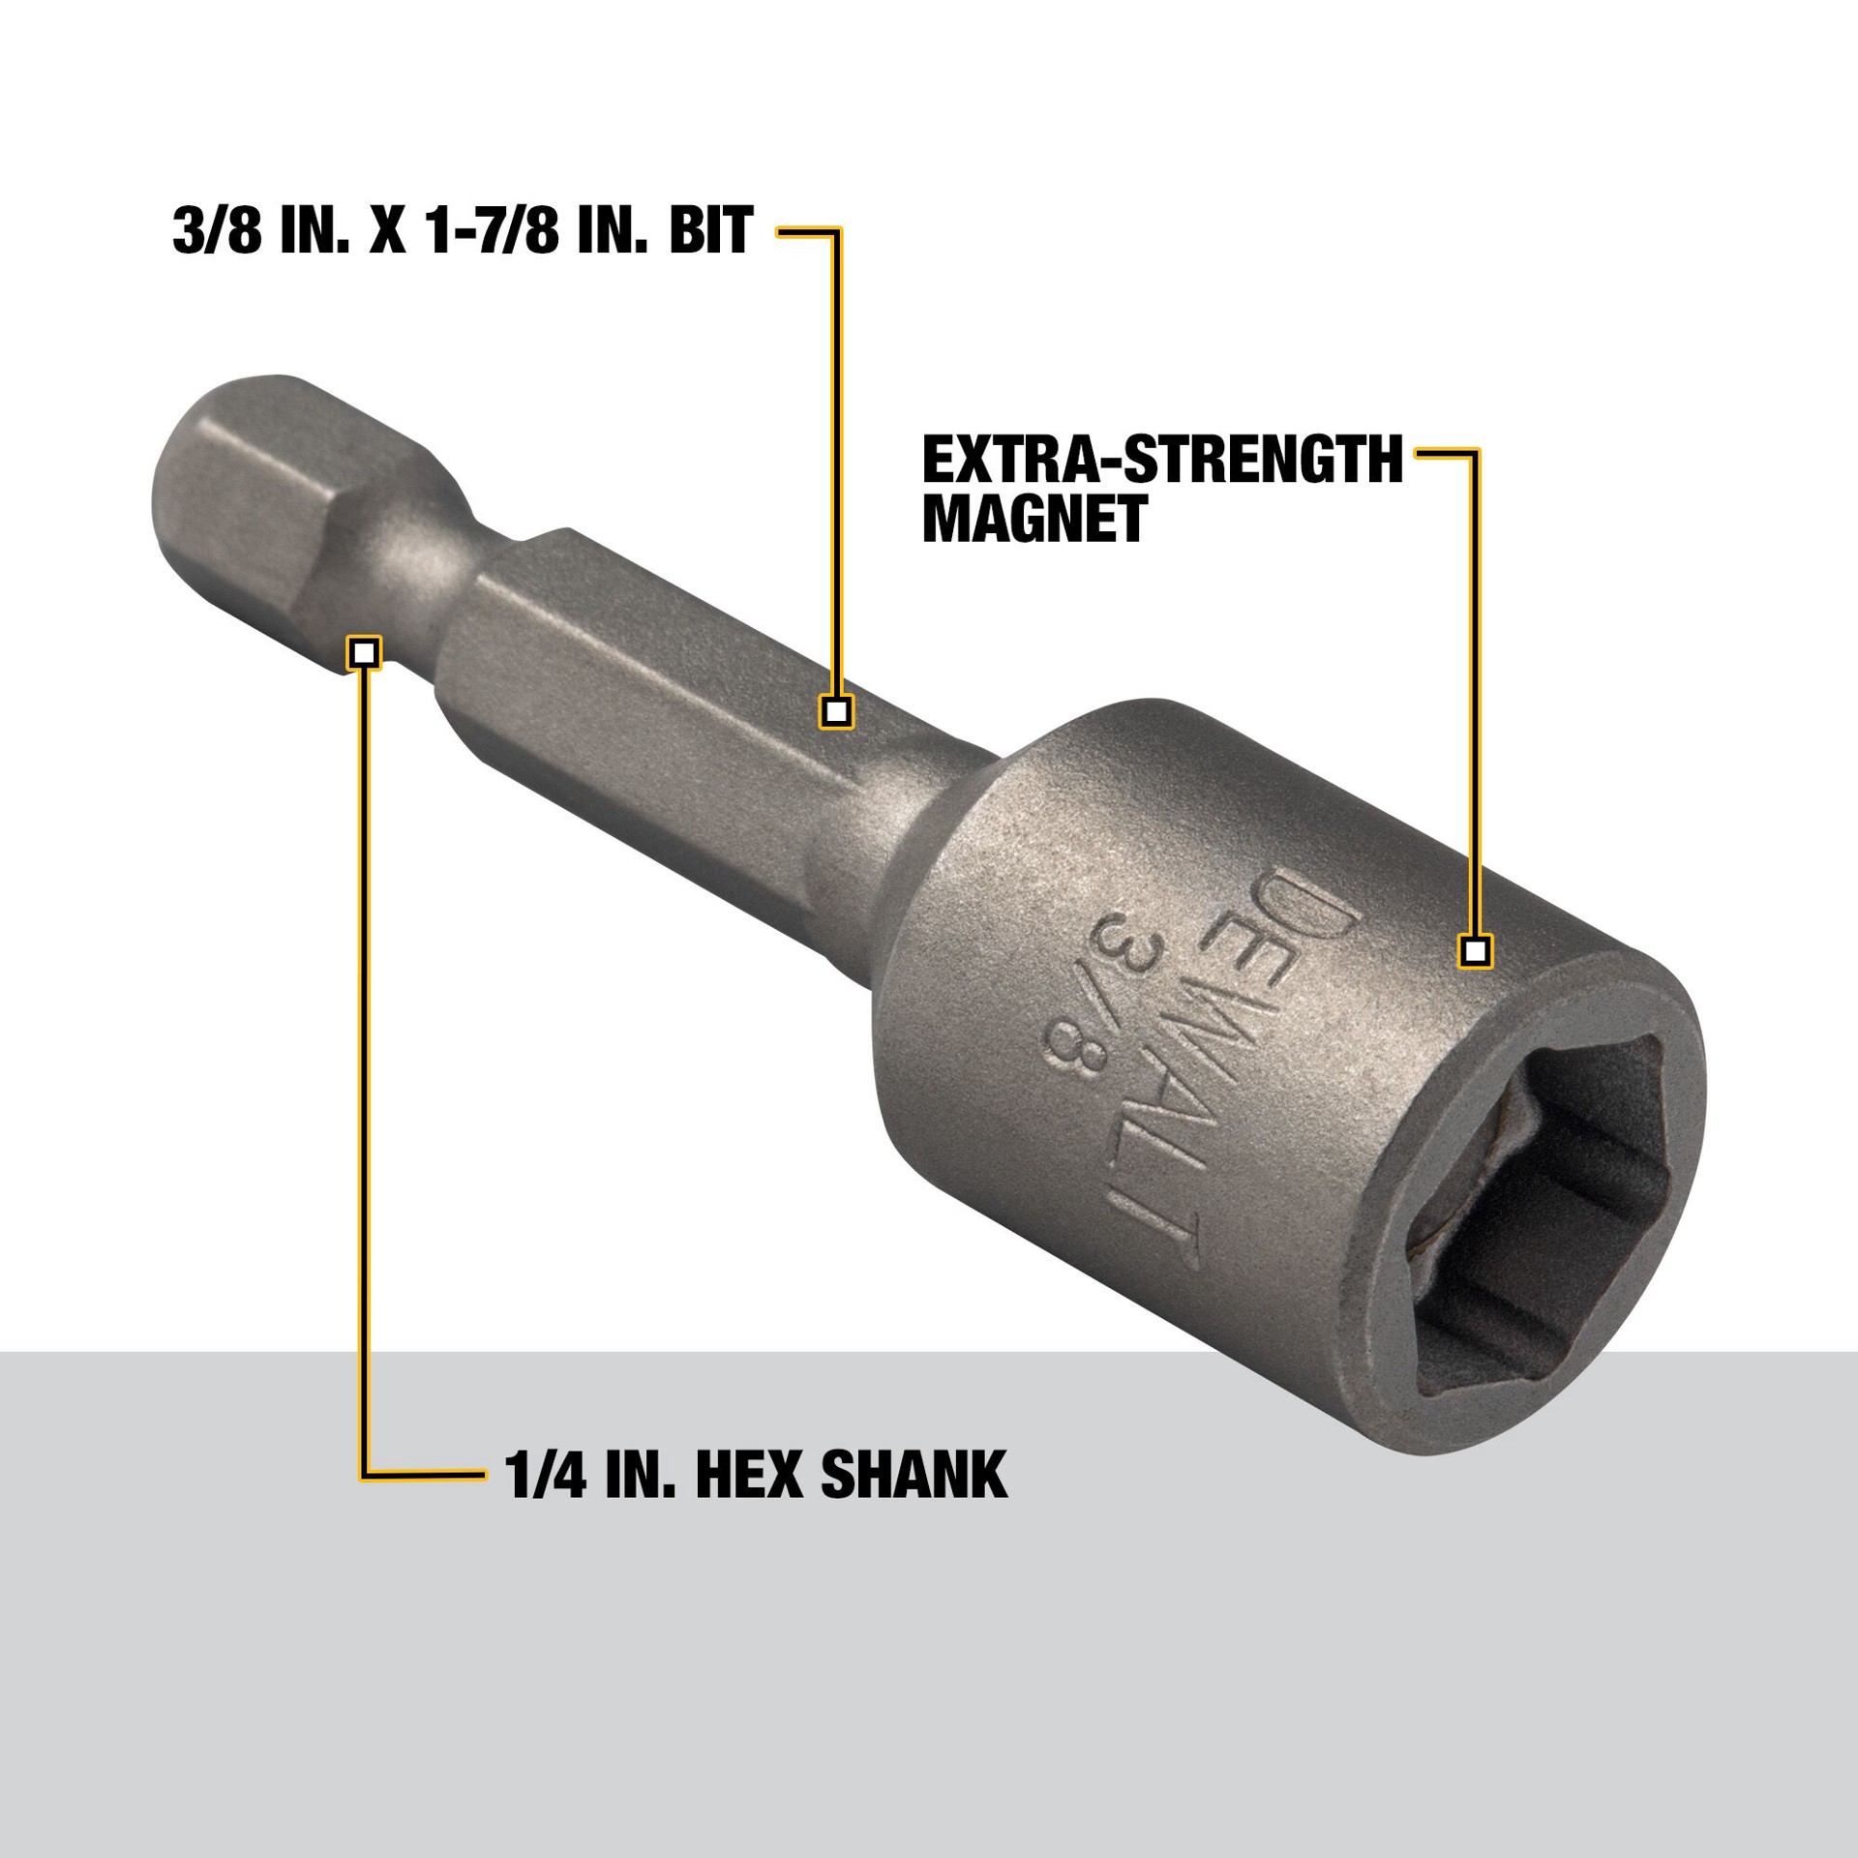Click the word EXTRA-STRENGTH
(1162, 459)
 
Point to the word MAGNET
(1034, 519)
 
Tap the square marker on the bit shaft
(836, 712)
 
